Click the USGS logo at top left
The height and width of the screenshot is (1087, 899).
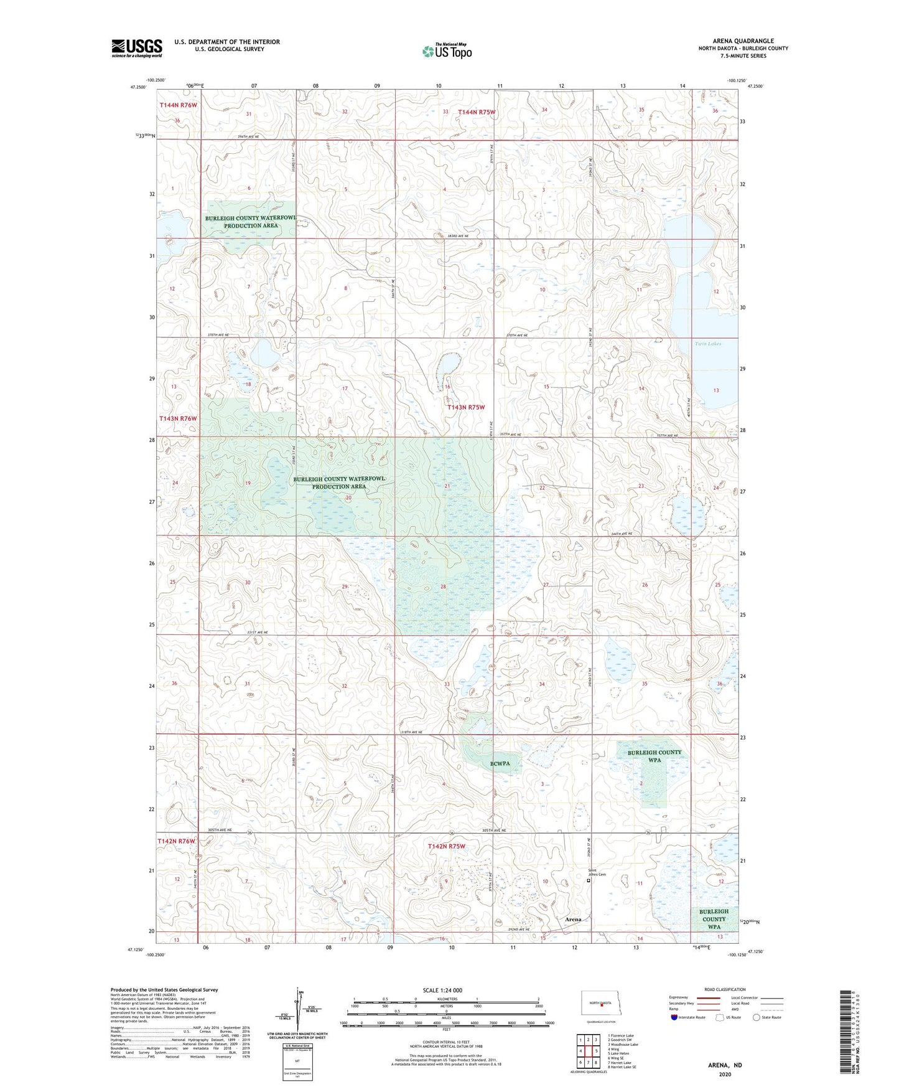point(136,48)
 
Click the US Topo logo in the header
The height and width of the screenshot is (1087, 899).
point(446,51)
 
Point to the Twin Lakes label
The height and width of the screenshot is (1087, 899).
point(707,344)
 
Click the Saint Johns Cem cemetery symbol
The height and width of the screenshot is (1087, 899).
point(589,880)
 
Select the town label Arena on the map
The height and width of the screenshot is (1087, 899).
point(573,920)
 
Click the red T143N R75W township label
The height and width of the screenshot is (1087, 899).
point(466,407)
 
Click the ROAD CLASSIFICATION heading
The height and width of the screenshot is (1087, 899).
point(725,989)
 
